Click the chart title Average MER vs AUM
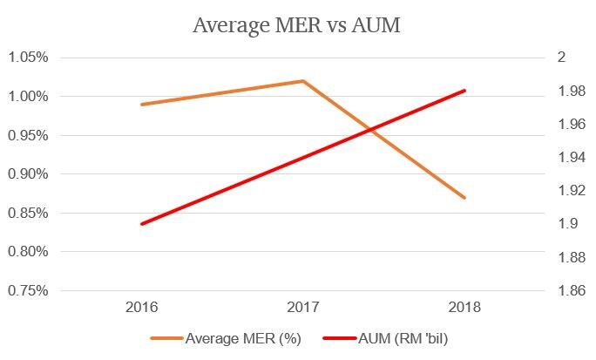point(296,25)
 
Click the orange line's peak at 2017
point(302,81)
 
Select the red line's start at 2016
point(141,224)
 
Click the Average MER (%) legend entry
point(229,337)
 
